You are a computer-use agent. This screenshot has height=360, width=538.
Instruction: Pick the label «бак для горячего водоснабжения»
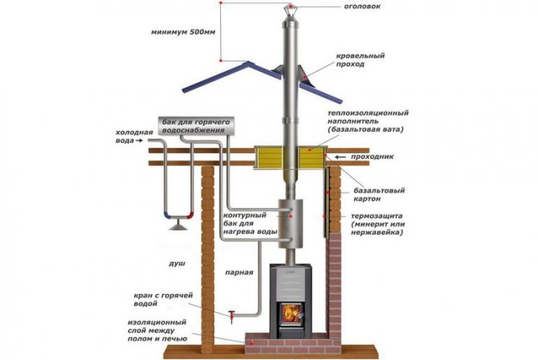pos(198,125)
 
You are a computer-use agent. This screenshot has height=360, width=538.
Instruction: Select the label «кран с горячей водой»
pos(164,301)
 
